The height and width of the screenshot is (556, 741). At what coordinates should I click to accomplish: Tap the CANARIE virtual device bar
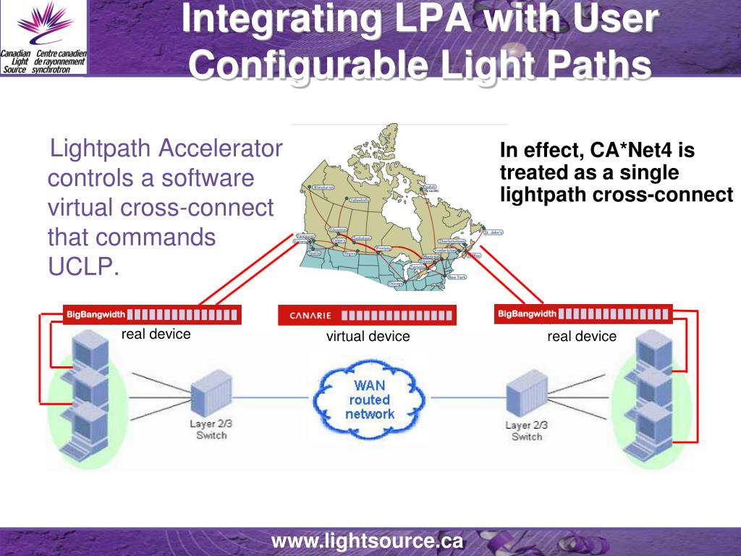[x=367, y=315]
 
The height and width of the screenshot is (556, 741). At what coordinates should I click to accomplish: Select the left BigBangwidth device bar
[x=152, y=314]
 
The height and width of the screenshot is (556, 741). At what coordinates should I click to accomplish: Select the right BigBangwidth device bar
[x=583, y=313]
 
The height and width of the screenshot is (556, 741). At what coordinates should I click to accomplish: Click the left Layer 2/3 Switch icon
[x=211, y=396]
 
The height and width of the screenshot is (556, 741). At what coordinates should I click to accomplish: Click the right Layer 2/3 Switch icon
[x=526, y=397]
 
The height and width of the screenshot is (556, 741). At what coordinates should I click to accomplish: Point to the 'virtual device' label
[x=368, y=337]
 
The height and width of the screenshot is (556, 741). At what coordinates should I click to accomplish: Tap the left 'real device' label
[x=156, y=334]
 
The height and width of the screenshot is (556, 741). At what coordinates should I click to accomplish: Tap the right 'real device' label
[x=582, y=336]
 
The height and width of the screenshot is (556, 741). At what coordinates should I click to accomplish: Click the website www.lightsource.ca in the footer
[x=367, y=541]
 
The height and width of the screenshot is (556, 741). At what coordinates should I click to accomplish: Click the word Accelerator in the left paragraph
[x=221, y=150]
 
